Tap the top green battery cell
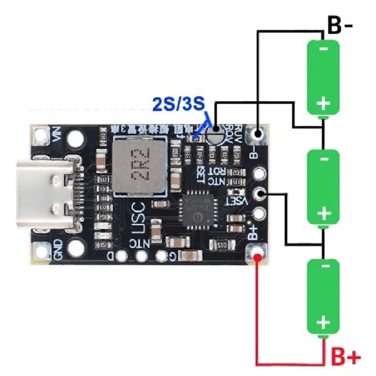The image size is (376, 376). click(323, 77)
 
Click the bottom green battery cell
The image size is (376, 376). click(323, 297)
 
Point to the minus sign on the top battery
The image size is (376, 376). click(323, 49)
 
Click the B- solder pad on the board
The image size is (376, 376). click(259, 134)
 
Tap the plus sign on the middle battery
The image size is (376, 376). click(323, 213)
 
